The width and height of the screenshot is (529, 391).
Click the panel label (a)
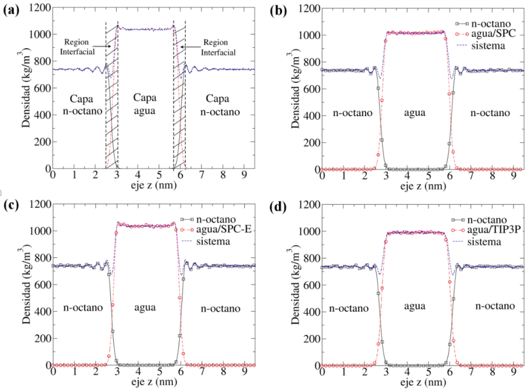tap(10, 8)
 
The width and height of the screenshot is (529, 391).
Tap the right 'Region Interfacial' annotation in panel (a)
tap(216, 47)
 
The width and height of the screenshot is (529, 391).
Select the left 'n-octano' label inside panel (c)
tap(82, 308)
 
